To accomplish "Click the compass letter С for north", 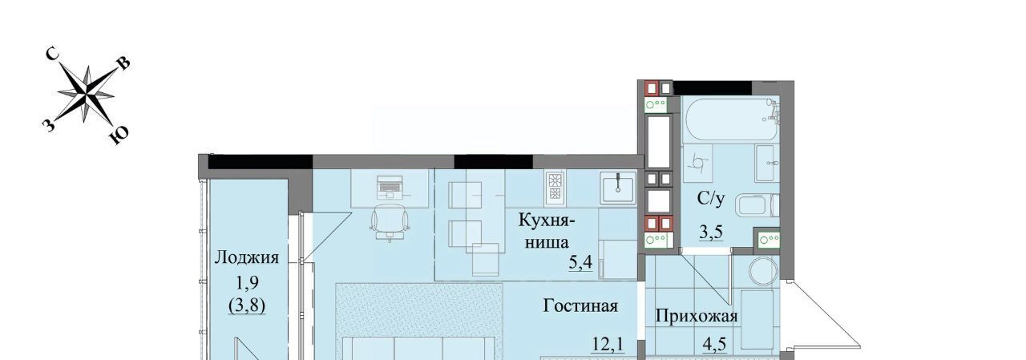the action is click(53, 55).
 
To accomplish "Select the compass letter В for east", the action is click(124, 65).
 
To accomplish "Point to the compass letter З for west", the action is click(49, 124).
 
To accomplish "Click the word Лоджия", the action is click(247, 257).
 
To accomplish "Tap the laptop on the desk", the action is click(390, 187).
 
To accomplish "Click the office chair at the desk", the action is click(390, 221).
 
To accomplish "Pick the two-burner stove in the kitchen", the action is click(555, 188).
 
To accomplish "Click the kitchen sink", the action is click(618, 188).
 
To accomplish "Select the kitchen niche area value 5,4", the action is click(581, 263).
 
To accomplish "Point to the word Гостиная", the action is click(580, 306).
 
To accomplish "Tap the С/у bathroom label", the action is click(711, 199).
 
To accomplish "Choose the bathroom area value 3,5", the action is click(711, 232).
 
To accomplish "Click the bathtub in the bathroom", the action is click(730, 119).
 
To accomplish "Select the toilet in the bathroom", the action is click(757, 205).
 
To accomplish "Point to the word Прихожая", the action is click(697, 317).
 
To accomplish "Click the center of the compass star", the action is click(86, 95).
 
